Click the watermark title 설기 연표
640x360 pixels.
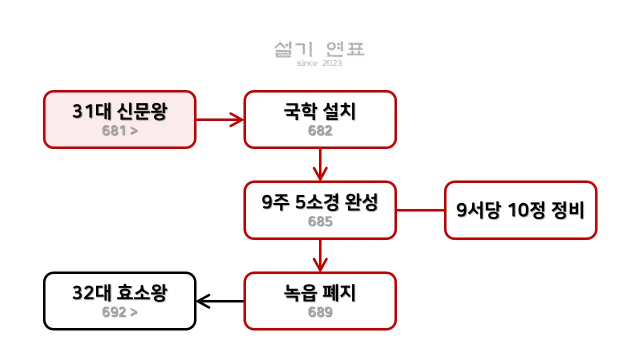(319, 49)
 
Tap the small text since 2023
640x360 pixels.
(319, 63)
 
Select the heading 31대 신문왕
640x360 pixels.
(119, 112)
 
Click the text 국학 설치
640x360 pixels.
(319, 112)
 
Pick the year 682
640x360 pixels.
(320, 131)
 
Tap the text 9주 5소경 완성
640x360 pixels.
(320, 202)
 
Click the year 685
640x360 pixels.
(320, 221)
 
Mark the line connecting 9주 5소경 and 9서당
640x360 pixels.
(420, 210)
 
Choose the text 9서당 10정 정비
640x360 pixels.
(520, 210)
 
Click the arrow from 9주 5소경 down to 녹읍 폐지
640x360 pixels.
(320, 255)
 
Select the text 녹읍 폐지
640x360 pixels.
(319, 293)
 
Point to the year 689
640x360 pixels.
(320, 312)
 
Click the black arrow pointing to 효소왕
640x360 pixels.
(220, 301)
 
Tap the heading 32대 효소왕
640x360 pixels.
(119, 293)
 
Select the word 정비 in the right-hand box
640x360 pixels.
(568, 210)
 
